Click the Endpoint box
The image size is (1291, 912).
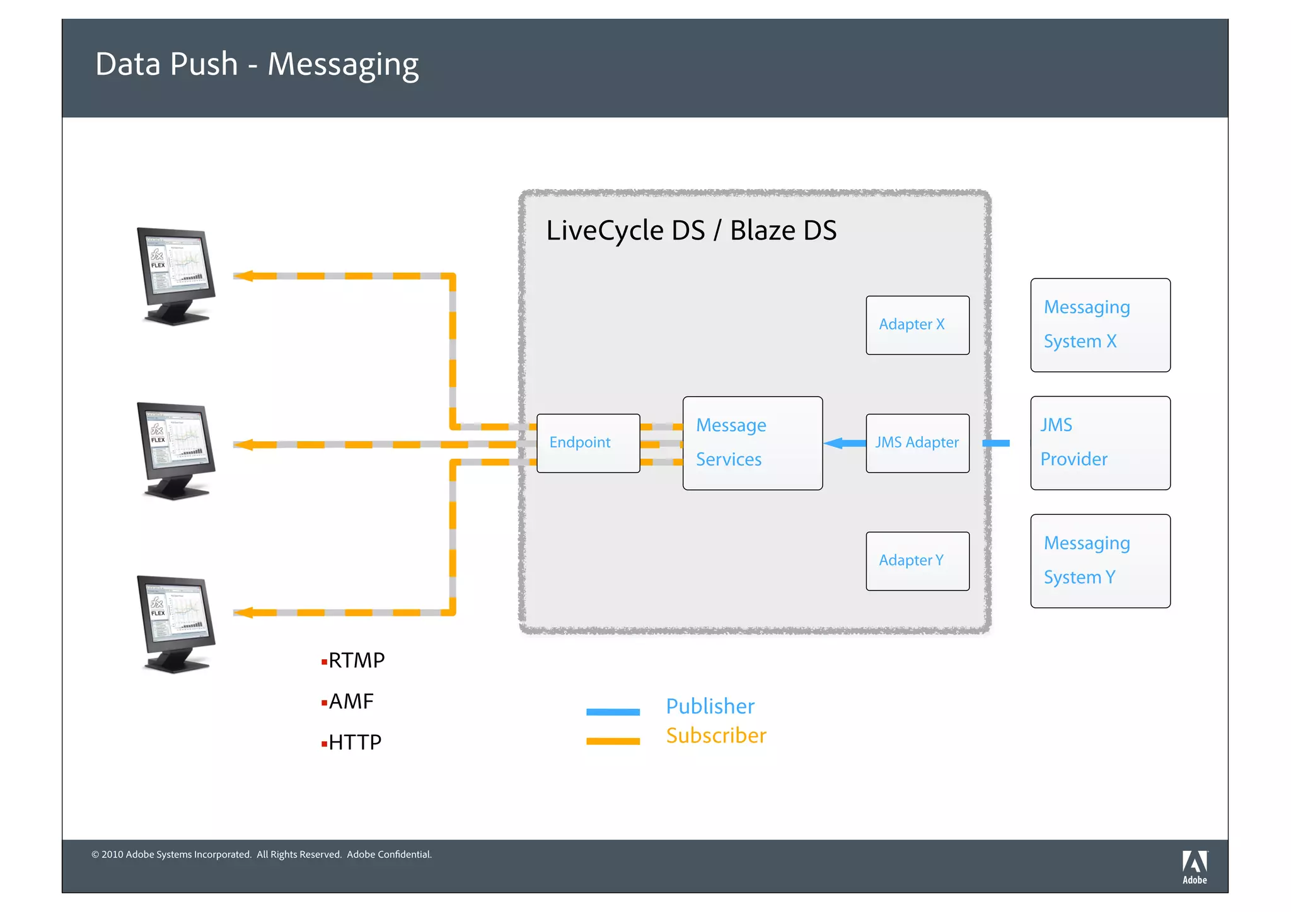pos(588,443)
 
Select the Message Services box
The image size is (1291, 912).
pos(752,443)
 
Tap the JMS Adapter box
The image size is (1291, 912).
pos(917,443)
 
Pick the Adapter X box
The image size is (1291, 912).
pos(917,325)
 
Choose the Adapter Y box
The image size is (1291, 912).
pos(917,561)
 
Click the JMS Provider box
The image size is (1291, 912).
pos(1100,443)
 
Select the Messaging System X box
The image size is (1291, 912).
pos(1100,325)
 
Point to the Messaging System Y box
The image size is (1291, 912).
pos(1100,561)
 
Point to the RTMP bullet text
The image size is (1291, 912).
pos(356,661)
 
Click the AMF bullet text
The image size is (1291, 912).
pos(350,701)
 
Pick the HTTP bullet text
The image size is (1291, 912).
pos(354,742)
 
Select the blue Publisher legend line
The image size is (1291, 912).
pos(613,712)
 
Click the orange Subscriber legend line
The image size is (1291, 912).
pos(613,741)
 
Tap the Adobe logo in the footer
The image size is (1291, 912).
pos(1194,867)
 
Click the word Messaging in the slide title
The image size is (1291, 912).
pos(343,65)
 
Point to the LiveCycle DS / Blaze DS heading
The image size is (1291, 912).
pos(691,231)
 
